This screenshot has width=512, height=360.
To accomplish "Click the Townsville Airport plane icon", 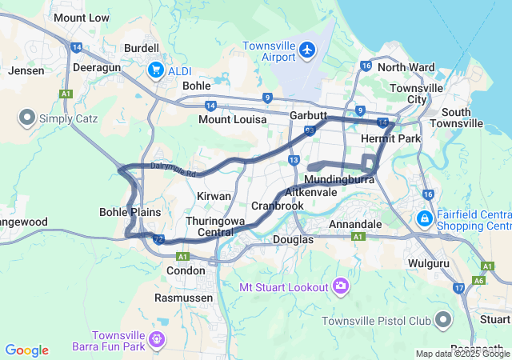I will pyautogui.click(x=307, y=51).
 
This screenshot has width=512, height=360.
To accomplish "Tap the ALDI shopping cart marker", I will pyautogui.click(x=156, y=70).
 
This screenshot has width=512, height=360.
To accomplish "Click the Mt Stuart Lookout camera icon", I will pyautogui.click(x=342, y=286).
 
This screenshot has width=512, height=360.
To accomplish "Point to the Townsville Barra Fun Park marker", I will pyautogui.click(x=156, y=340).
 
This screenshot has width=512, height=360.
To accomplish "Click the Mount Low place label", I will pyautogui.click(x=82, y=18).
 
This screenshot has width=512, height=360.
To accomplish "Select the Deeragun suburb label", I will pyautogui.click(x=96, y=67).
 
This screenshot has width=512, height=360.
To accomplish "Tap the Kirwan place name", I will pyautogui.click(x=214, y=196).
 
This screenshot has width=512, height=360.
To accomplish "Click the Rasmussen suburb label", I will pyautogui.click(x=184, y=298).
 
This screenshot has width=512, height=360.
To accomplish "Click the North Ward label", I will pyautogui.click(x=406, y=67).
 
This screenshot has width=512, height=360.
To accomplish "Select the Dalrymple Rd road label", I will pyautogui.click(x=172, y=166).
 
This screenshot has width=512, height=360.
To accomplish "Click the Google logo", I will pyautogui.click(x=26, y=350).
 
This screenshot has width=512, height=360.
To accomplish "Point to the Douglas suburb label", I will pyautogui.click(x=293, y=239).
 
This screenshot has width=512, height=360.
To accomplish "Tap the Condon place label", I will pyautogui.click(x=186, y=270).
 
